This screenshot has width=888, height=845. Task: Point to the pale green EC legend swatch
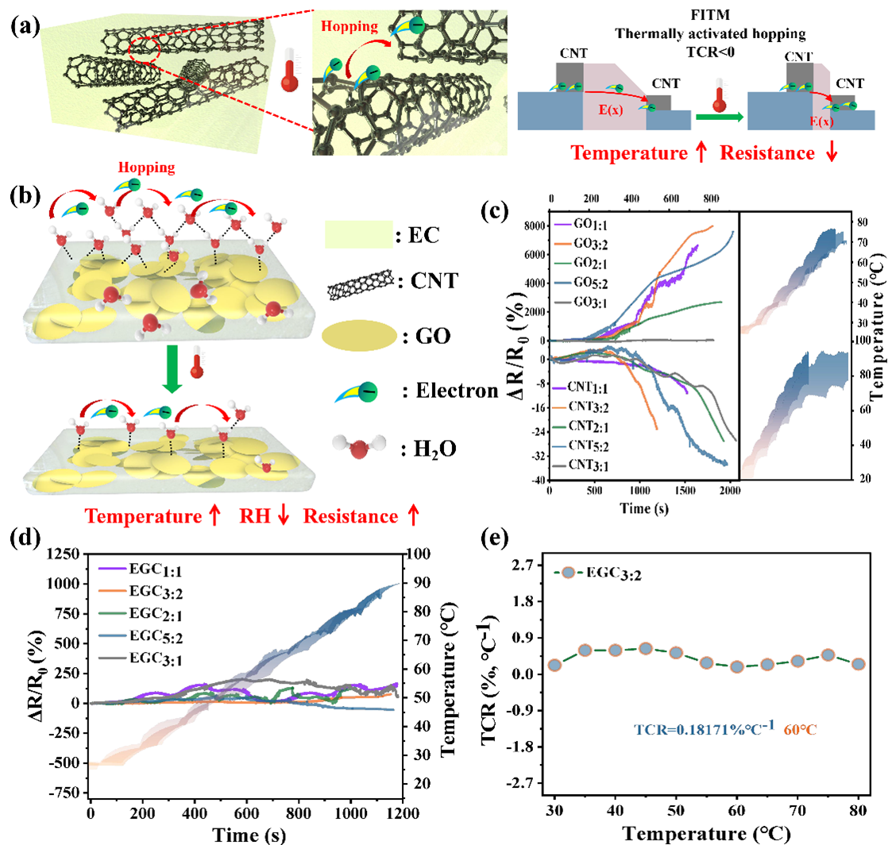pos(358,235)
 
